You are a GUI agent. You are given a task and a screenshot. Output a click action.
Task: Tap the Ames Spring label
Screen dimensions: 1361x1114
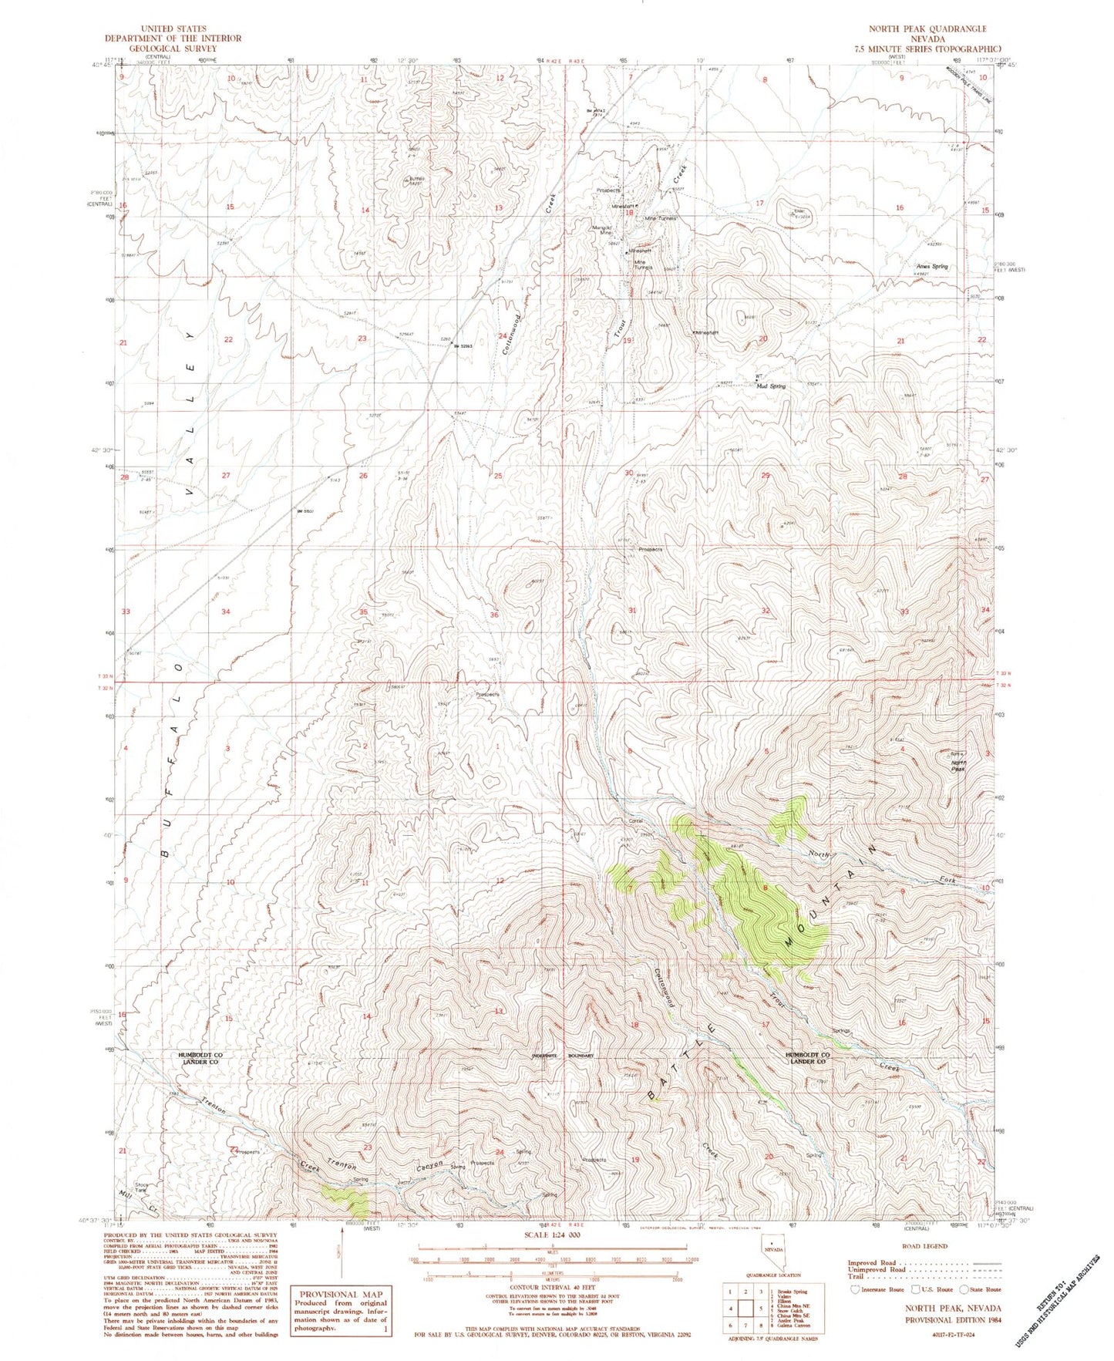(x=931, y=267)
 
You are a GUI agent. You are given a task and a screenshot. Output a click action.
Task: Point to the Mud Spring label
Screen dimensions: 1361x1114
(x=770, y=386)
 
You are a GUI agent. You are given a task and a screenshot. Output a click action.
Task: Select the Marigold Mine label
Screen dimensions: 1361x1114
(x=601, y=230)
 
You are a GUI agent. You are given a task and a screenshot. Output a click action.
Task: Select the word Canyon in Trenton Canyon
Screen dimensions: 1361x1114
(x=432, y=1167)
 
